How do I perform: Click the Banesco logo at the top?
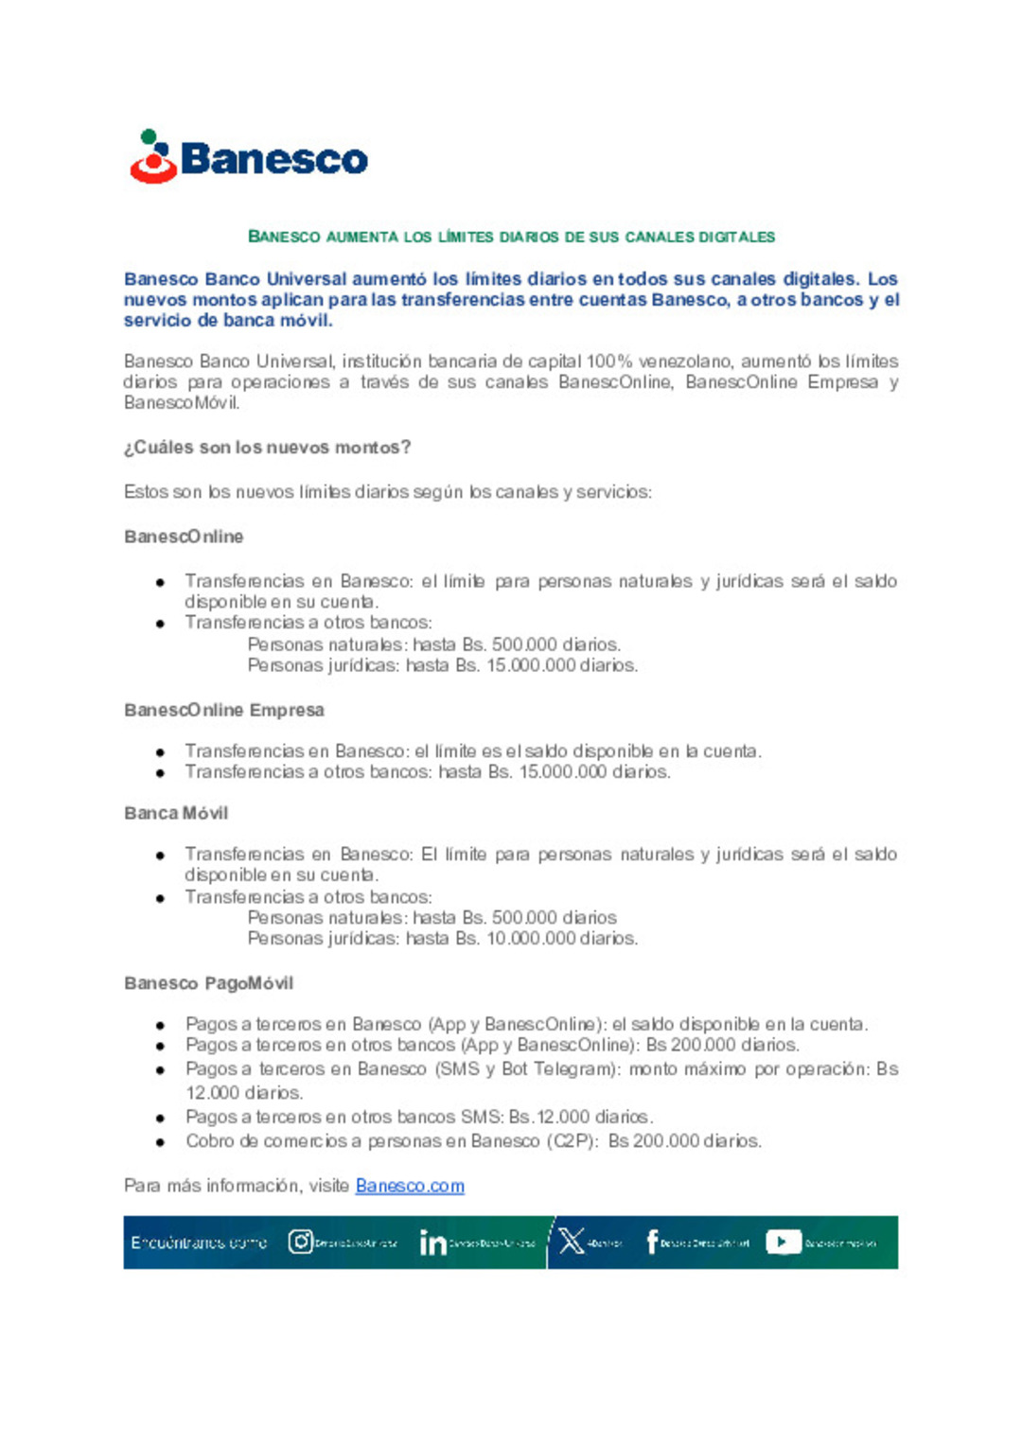[248, 157]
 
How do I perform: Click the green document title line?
[511, 237]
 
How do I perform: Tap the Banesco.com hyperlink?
[410, 1186]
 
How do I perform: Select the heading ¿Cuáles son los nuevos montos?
[267, 448]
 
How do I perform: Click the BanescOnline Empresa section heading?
[224, 710]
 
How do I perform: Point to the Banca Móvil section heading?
[176, 813]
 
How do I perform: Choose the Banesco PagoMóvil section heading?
[208, 983]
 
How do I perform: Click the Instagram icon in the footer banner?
[301, 1242]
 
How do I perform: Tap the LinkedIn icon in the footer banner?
[432, 1243]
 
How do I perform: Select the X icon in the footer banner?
[572, 1242]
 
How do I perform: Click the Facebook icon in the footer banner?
[652, 1242]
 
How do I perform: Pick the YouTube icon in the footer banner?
[783, 1242]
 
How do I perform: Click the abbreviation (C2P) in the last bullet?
[572, 1141]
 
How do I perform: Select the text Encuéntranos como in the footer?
[199, 1243]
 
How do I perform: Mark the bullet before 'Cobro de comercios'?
[161, 1142]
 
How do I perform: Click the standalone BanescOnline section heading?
[184, 537]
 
